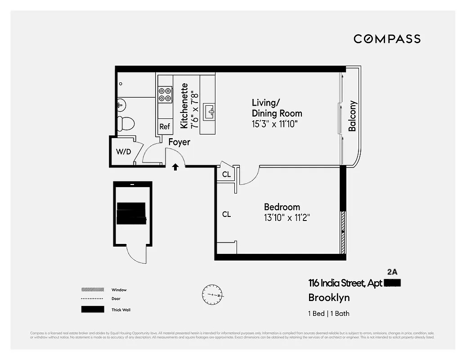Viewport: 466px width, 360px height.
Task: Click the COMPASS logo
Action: click(x=387, y=39)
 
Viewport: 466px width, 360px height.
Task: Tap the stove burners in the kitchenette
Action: click(x=165, y=94)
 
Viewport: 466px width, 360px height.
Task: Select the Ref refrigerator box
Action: click(x=165, y=126)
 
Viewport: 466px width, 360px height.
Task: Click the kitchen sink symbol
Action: click(x=210, y=111)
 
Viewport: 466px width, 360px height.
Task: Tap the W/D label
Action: click(x=123, y=152)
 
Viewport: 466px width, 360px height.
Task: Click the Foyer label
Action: click(x=179, y=142)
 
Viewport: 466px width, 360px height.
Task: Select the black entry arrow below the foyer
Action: click(x=175, y=167)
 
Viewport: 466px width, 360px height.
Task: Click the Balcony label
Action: click(x=352, y=116)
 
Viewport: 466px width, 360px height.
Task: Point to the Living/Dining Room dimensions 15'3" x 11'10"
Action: click(x=275, y=124)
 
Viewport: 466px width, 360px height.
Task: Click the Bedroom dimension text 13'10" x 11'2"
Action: click(x=287, y=218)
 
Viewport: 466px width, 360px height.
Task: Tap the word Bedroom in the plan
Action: click(x=282, y=207)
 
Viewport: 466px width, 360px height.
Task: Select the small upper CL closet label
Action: click(x=226, y=174)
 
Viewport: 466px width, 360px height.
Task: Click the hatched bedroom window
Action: click(x=343, y=232)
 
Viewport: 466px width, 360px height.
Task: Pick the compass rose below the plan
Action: click(x=212, y=295)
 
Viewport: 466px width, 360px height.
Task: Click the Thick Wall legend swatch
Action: click(x=92, y=310)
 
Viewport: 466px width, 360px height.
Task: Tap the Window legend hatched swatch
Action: click(x=92, y=290)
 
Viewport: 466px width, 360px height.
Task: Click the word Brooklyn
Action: click(x=329, y=297)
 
